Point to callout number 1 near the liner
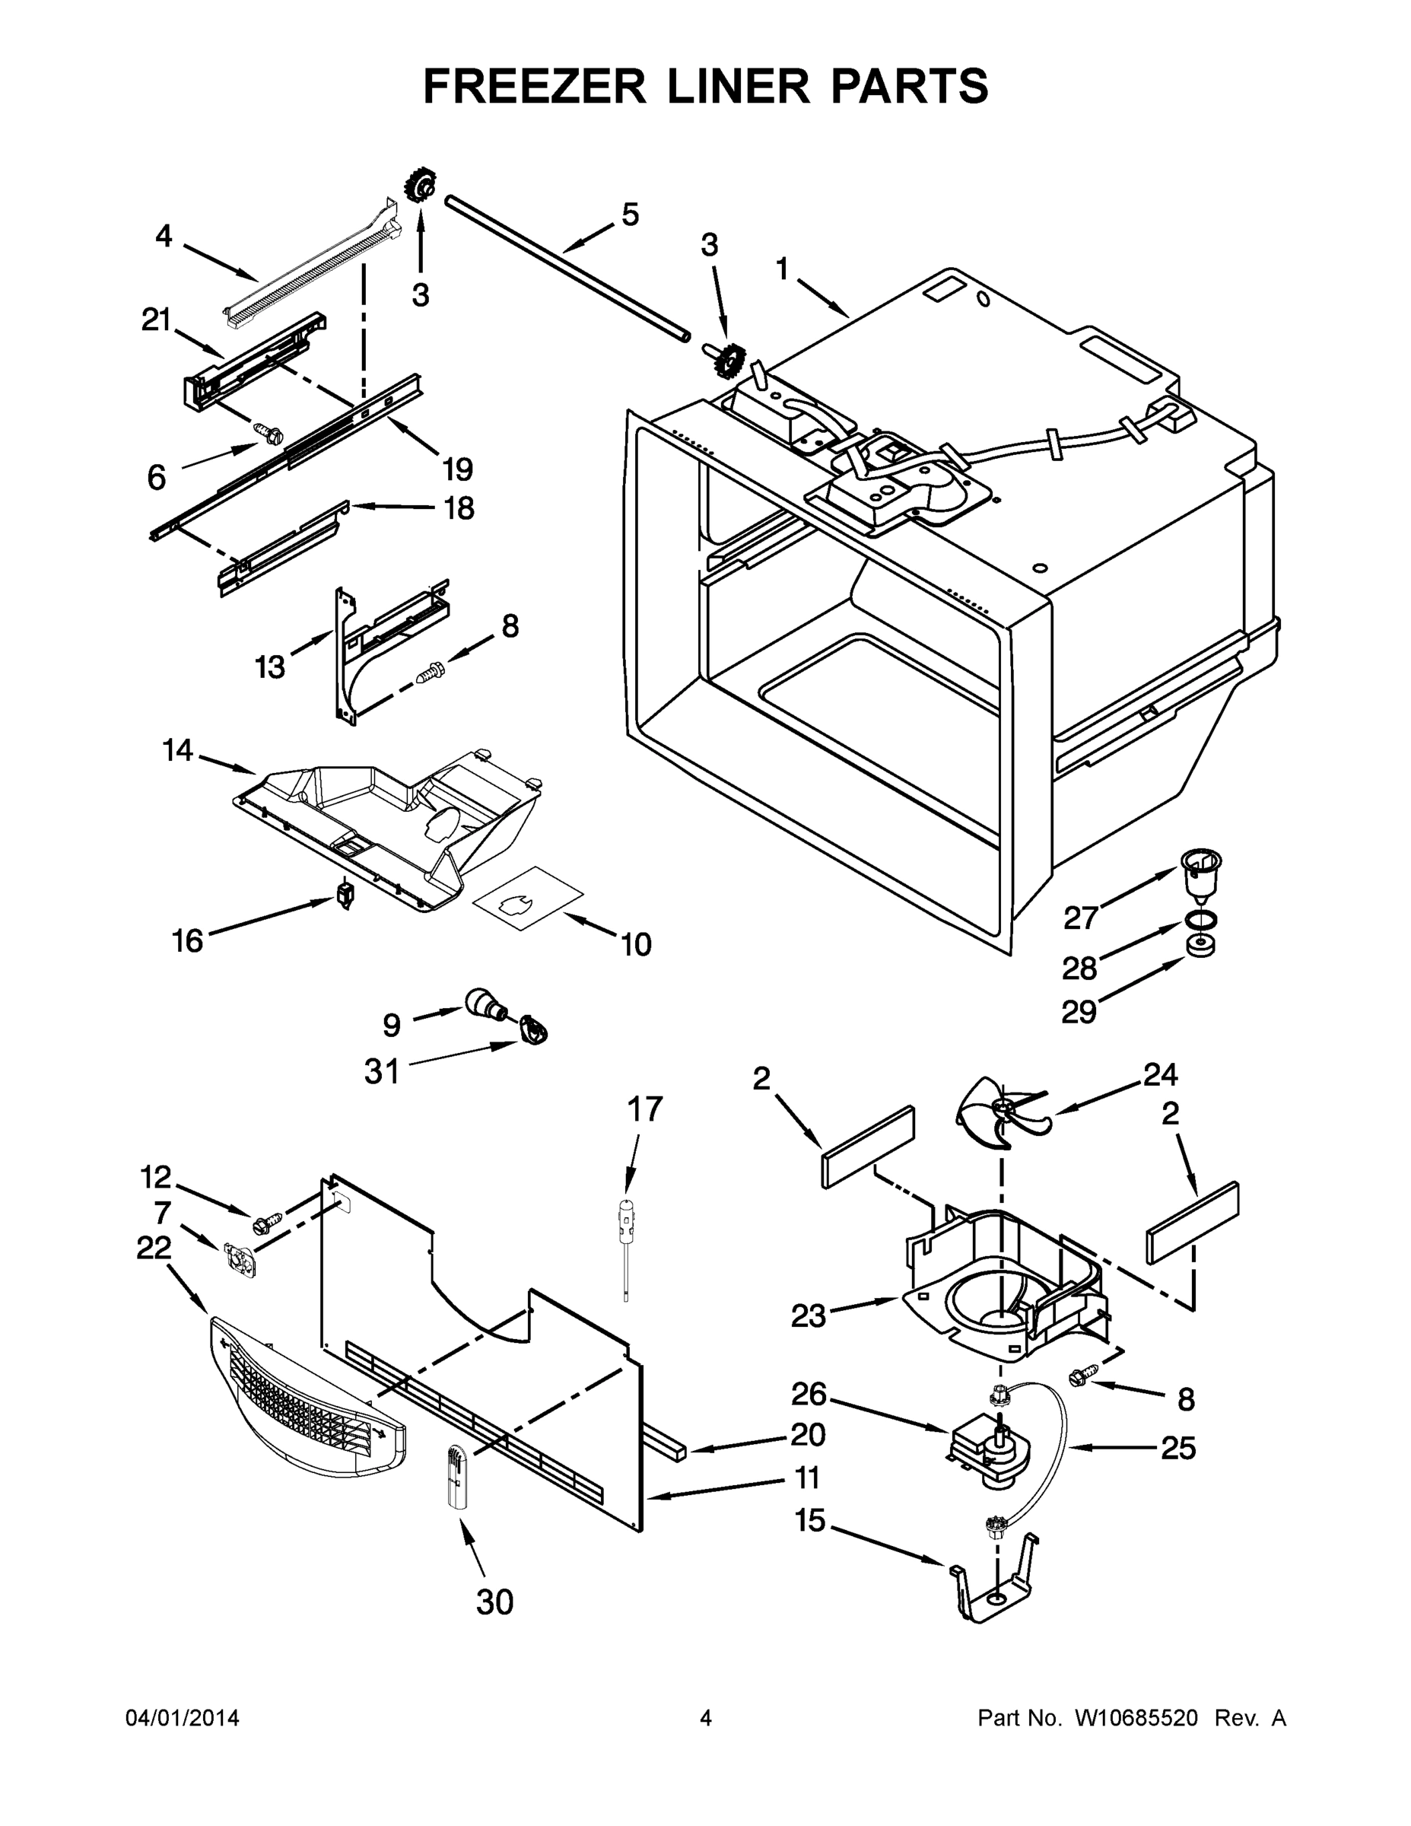coord(782,270)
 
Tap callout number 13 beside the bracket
coord(270,666)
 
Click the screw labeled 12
coord(262,1224)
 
